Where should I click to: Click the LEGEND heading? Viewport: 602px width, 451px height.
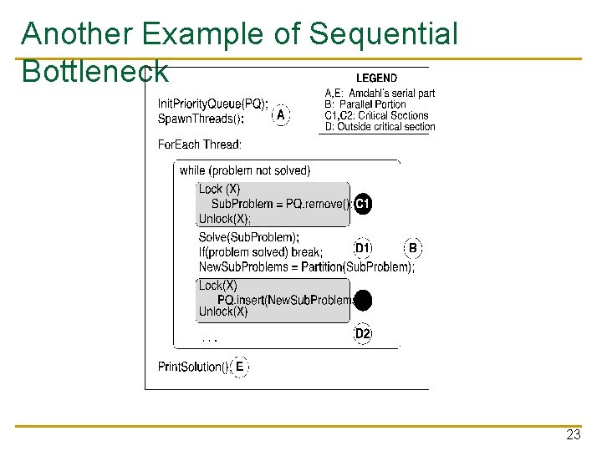coord(376,78)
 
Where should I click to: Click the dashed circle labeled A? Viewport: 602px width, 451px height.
coord(282,114)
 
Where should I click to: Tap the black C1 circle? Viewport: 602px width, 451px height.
coord(362,204)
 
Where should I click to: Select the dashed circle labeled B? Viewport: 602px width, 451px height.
coord(413,248)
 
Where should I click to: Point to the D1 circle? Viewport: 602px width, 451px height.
coord(362,248)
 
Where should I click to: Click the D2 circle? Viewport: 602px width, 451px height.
coord(362,333)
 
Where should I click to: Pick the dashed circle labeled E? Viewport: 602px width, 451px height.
coord(239,366)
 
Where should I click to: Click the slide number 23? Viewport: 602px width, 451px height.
coord(573,435)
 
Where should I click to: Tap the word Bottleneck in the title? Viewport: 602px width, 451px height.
coord(95,72)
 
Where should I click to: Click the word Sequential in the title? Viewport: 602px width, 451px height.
coord(384,34)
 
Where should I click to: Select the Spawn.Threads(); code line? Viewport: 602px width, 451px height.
coord(201,119)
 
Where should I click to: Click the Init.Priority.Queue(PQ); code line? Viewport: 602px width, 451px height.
coord(212,104)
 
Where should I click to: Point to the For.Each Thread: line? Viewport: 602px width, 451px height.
coord(200,144)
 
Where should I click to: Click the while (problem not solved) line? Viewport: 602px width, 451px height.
coord(244,170)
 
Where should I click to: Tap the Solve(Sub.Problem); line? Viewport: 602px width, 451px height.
coord(248,237)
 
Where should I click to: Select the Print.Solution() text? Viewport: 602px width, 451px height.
coord(192,367)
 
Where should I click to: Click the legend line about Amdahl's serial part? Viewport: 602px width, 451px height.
coord(380,93)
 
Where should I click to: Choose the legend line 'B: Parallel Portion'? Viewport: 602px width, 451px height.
coord(365,104)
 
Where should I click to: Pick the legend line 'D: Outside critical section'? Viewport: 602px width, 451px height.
coord(380,127)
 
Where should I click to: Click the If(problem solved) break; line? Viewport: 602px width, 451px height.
coord(260,252)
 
